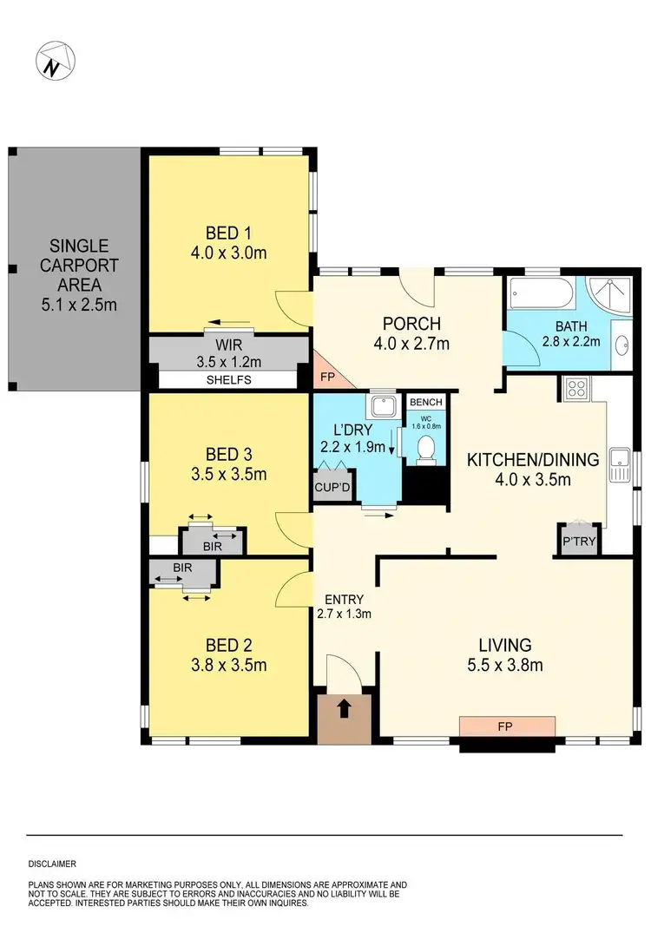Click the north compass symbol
pos(55,62)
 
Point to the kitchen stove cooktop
pos(577,389)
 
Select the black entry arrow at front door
pos(344,710)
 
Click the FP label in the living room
pos(507,723)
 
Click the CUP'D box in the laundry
pos(332,487)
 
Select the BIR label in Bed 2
pos(181,568)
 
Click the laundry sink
pos(380,406)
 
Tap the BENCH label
pos(426,403)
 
